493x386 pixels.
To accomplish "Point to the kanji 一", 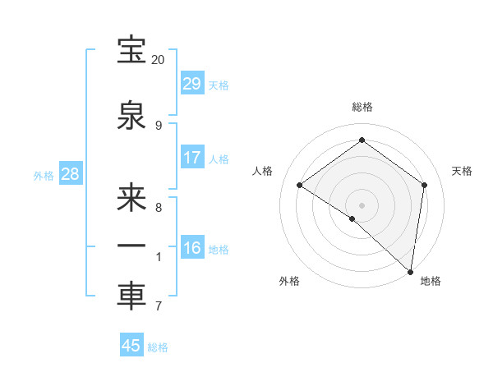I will pos(131,246).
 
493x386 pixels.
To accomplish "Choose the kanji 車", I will pos(131,296).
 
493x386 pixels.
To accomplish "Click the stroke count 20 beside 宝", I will pos(158,60).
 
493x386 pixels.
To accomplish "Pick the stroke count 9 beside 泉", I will pos(158,125).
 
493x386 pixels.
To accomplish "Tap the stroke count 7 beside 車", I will pos(158,306).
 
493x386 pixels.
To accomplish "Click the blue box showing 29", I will pos(191,84).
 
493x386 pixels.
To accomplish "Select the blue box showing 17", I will pos(191,158).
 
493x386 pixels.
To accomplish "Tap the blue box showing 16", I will pos(191,248).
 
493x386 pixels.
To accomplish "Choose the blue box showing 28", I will pos(70,174).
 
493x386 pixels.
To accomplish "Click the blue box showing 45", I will pos(131,346).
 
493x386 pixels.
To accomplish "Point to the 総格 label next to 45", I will pos(158,347).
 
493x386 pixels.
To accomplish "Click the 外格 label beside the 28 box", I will pos(44,176).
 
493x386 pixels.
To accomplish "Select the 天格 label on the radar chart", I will pos(462,171).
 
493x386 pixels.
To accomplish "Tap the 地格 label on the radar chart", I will pos(431,281).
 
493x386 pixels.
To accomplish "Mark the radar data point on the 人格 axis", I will pos(300,186).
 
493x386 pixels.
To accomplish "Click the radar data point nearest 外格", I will pos(352,218).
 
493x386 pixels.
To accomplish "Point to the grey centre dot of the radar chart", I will pos(362,204).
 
